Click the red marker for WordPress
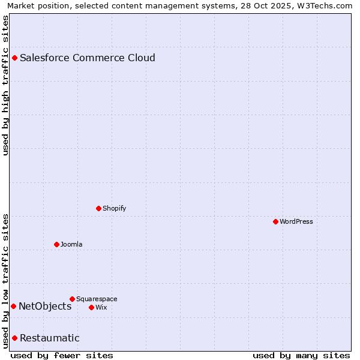point(275,221)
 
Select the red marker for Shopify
point(98,208)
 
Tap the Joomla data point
point(56,244)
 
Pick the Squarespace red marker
point(72,299)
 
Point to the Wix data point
point(91,307)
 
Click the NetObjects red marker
point(13,306)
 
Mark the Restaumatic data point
point(14,338)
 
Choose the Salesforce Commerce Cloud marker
point(14,58)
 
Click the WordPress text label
point(296,221)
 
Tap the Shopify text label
point(114,208)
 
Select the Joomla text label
point(71,244)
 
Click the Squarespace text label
point(97,299)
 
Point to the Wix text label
point(101,307)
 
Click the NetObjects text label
point(45,306)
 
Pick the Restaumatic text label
point(49,338)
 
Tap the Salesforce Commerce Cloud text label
point(88,58)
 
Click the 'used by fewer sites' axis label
point(62,355)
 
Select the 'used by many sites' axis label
point(301,355)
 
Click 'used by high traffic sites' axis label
point(6,85)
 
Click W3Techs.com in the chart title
point(327,5)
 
